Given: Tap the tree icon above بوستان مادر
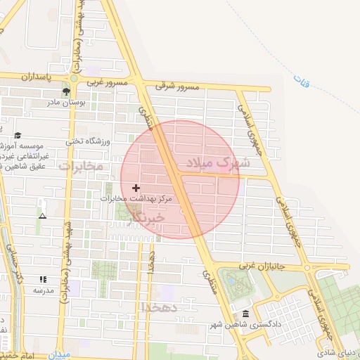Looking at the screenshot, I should pos(67,91).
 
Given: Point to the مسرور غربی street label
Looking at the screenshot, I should pos(107,83).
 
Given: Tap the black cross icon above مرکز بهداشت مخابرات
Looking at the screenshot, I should pos(136,188).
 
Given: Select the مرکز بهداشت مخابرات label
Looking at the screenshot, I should pos(136,199).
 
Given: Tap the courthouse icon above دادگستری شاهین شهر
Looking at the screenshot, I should pos(245,314).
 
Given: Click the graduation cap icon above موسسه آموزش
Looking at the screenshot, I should pos(18,135).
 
